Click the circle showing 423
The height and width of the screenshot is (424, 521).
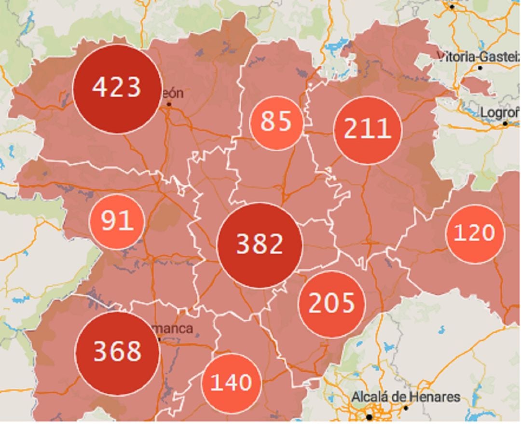click(x=117, y=89)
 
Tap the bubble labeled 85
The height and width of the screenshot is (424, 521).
click(x=276, y=123)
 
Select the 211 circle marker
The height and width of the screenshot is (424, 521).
click(x=368, y=130)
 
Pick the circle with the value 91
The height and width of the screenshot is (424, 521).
click(x=117, y=221)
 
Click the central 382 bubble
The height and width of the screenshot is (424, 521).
click(x=260, y=245)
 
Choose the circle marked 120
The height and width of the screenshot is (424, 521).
click(x=475, y=234)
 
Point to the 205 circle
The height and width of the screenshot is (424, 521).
click(x=331, y=304)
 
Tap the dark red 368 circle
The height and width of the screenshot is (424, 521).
click(x=117, y=353)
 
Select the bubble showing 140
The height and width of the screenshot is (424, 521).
click(x=232, y=383)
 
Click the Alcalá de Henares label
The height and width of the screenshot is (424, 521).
click(x=406, y=397)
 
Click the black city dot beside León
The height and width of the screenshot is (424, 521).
click(x=169, y=104)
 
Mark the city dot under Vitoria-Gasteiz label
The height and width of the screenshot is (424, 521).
click(x=480, y=68)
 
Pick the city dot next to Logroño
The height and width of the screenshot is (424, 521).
click(x=505, y=124)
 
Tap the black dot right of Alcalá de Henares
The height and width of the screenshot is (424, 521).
click(x=406, y=408)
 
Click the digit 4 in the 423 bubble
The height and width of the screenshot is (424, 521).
click(x=98, y=88)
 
